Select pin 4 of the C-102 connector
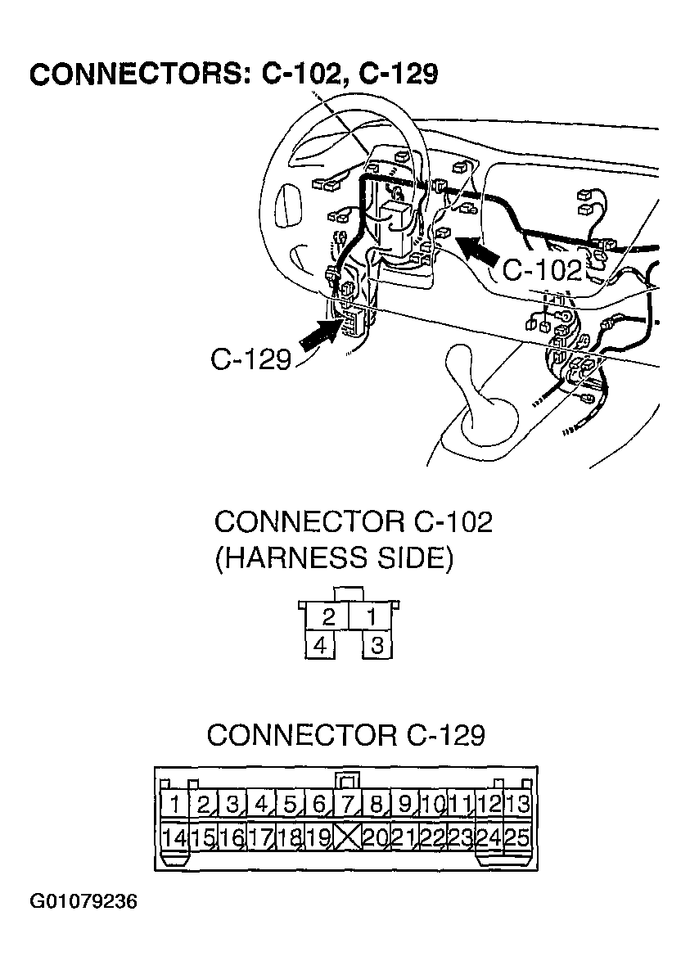pyautogui.click(x=321, y=646)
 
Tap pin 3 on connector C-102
pyautogui.click(x=377, y=646)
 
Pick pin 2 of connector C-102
pyautogui.click(x=329, y=616)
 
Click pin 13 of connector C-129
pyautogui.click(x=518, y=804)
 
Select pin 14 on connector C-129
pyautogui.click(x=174, y=837)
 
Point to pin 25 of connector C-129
pyautogui.click(x=518, y=837)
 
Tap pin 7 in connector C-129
pyautogui.click(x=349, y=804)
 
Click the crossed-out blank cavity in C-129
pyautogui.click(x=348, y=837)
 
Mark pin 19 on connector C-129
pyautogui.click(x=319, y=837)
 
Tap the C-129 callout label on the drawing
pyautogui.click(x=250, y=359)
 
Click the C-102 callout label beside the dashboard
pyautogui.click(x=542, y=270)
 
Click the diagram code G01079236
pyautogui.click(x=84, y=902)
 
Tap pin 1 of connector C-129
pyautogui.click(x=174, y=804)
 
